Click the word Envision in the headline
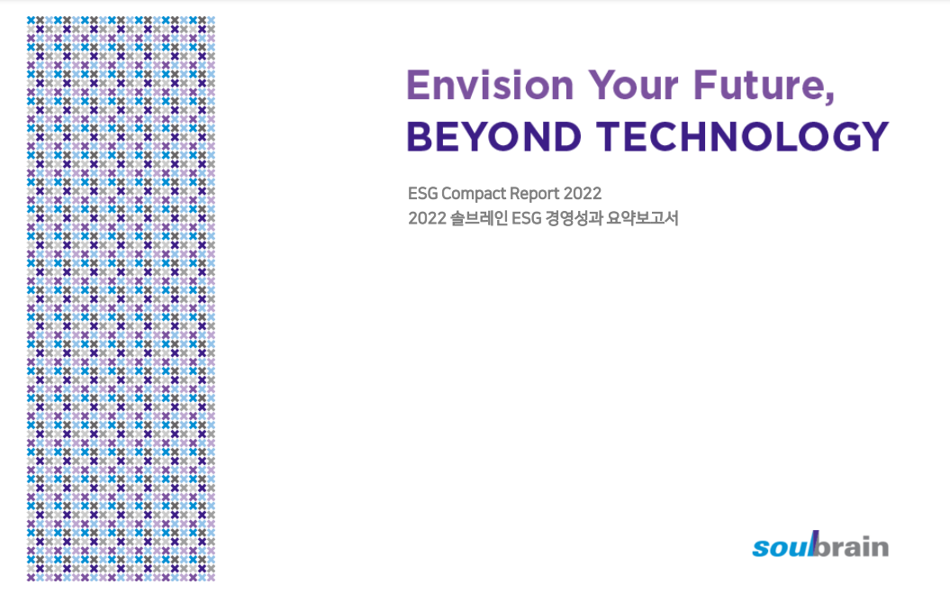(490, 85)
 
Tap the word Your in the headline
(632, 85)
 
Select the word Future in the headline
(758, 85)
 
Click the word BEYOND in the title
(493, 136)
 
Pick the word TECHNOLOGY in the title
(742, 136)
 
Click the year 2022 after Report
(583, 194)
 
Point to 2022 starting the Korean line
(427, 218)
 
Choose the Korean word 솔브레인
(479, 218)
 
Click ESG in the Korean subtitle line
(527, 218)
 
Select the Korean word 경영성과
(574, 218)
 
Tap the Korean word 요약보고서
(642, 218)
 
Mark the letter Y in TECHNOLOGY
(874, 136)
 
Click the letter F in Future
(705, 85)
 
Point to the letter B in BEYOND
(420, 136)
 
